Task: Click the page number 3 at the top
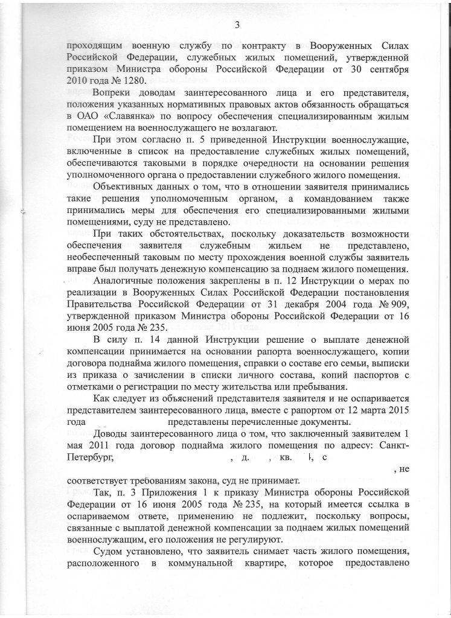point(237,25)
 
